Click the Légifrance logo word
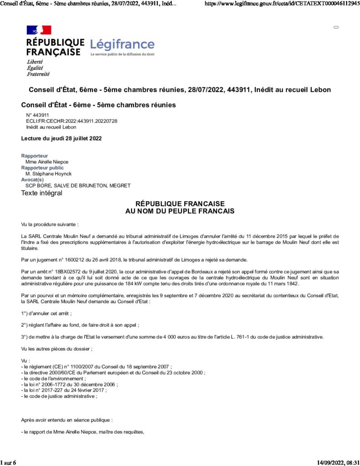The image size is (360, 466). [x=122, y=45]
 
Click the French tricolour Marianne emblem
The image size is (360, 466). [x=39, y=30]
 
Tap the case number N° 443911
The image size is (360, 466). [x=37, y=115]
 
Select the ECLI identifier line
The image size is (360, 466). [x=71, y=121]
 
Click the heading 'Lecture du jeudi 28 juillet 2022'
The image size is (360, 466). [x=61, y=138]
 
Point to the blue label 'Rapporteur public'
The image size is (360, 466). [x=42, y=167]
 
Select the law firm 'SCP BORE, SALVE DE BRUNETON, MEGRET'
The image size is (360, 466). [x=78, y=185]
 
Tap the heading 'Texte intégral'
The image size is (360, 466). [x=41, y=193]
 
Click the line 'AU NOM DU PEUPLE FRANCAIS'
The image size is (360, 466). [x=180, y=211]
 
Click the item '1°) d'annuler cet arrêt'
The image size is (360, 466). [x=46, y=313]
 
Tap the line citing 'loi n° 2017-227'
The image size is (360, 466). [x=64, y=390]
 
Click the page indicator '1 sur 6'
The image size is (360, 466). [x=8, y=462]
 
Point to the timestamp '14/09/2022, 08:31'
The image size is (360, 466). [x=338, y=462]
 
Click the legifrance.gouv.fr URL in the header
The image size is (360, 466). [x=283, y=3]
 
